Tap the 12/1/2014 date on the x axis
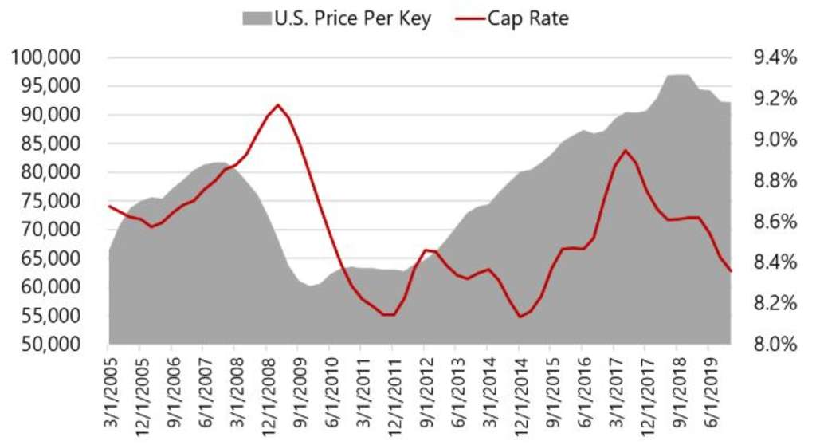[x=519, y=396]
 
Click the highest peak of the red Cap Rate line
[x=278, y=104]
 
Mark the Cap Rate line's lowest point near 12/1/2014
[x=520, y=317]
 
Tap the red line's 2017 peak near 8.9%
[x=626, y=150]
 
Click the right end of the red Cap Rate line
[x=731, y=271]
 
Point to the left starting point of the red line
[x=108, y=206]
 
